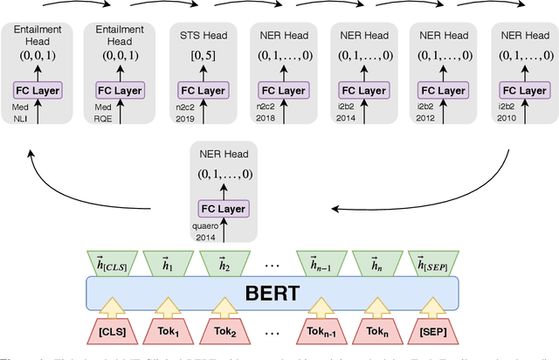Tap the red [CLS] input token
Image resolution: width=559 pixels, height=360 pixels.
pos(113,334)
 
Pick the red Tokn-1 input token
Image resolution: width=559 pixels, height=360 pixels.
pos(326,334)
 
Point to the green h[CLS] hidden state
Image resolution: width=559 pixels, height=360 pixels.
pos(113,261)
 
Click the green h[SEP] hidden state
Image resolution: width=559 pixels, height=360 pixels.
pos(432,261)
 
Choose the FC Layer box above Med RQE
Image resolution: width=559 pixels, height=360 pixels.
pos(118,91)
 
